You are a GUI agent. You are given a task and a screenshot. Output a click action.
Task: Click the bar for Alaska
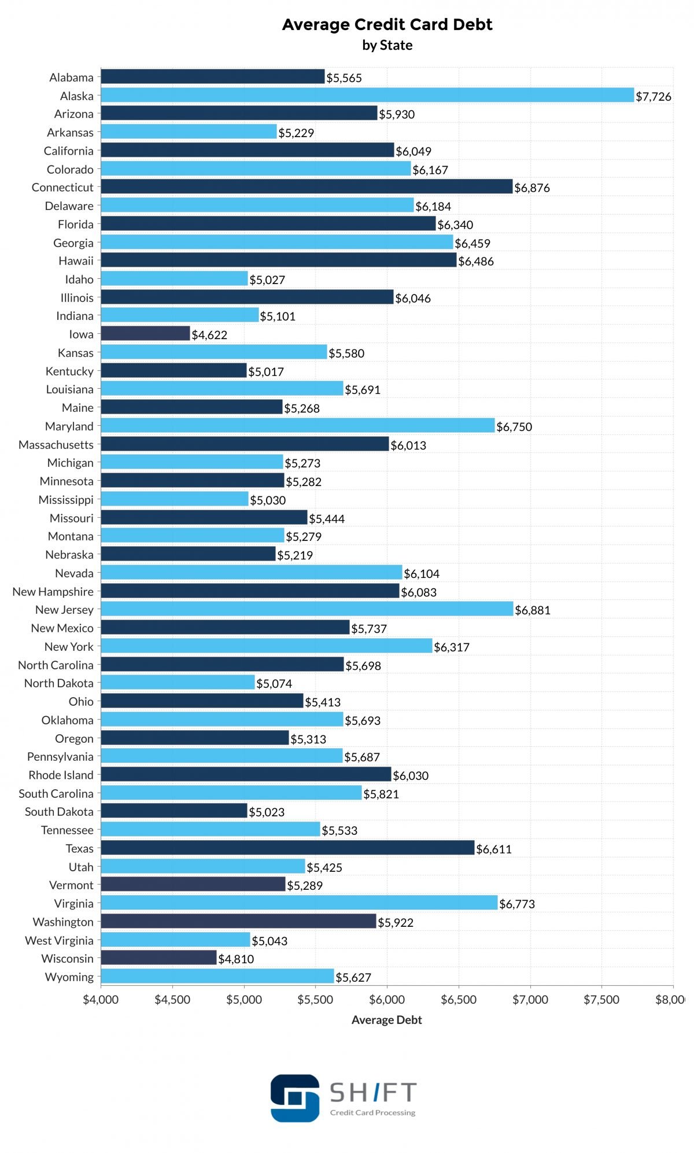367,95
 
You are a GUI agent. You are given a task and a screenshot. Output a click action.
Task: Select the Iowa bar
145,334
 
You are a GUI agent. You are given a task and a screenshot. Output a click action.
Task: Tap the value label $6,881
533,610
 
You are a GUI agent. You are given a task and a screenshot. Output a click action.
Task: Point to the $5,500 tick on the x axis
315,1000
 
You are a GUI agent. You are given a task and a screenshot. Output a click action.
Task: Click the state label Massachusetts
56,445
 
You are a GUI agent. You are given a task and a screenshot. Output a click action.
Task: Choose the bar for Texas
287,848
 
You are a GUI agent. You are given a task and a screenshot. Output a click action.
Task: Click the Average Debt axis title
386,1020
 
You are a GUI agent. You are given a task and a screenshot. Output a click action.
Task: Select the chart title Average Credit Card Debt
387,24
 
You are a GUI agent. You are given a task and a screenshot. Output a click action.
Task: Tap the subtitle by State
387,45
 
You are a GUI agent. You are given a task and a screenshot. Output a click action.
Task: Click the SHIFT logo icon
295,1098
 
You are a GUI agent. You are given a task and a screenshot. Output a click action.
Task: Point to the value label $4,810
236,959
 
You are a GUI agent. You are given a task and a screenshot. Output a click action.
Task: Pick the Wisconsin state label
67,959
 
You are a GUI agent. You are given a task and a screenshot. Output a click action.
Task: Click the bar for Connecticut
307,187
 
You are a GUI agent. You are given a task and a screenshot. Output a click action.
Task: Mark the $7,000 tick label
530,1000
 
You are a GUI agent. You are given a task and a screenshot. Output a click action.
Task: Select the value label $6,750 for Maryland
514,427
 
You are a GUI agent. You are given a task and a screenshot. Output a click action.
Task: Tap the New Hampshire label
53,592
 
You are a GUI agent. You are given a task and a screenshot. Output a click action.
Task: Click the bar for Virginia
299,903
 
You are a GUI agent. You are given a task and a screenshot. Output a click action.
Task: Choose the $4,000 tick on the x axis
101,1000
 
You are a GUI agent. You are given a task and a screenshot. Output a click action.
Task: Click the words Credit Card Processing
372,1113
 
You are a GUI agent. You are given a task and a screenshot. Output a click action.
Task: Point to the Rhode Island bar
246,775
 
